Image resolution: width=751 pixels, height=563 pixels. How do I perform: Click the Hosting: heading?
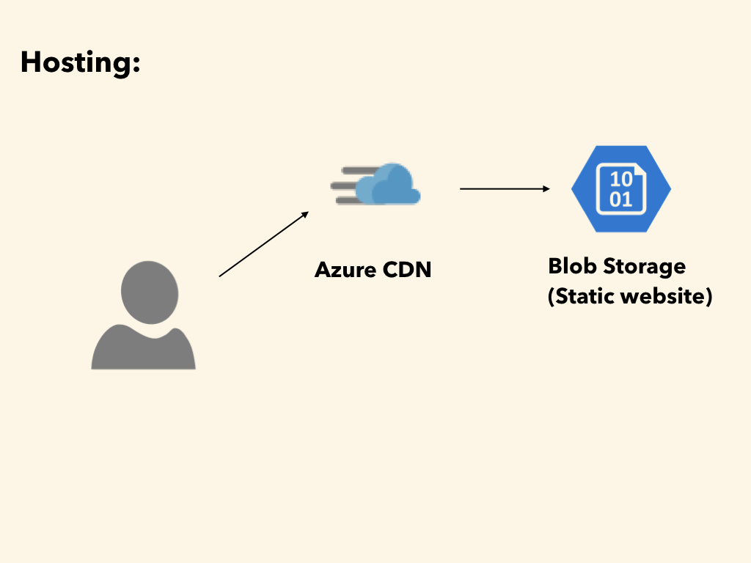(81, 63)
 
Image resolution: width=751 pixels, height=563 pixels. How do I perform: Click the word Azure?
(345, 270)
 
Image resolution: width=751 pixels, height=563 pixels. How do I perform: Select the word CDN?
(407, 270)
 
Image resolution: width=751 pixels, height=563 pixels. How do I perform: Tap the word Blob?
(572, 266)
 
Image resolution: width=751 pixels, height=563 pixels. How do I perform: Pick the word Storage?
(644, 268)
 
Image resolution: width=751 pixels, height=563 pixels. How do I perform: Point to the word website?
(663, 296)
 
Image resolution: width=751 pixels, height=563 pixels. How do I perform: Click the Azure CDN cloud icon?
(375, 184)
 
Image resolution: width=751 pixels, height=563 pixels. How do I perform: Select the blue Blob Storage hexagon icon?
(621, 189)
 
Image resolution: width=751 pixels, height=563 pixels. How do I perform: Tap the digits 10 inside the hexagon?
(621, 180)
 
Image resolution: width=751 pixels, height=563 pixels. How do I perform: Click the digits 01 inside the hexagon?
(620, 199)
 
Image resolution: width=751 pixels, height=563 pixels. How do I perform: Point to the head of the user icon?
(150, 292)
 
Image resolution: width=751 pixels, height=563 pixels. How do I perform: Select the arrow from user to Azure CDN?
(264, 244)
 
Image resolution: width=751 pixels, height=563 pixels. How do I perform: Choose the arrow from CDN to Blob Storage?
(505, 189)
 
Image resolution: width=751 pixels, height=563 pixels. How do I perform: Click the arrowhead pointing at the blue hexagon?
(546, 189)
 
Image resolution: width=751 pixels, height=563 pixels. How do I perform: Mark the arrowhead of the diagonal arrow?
(305, 215)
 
